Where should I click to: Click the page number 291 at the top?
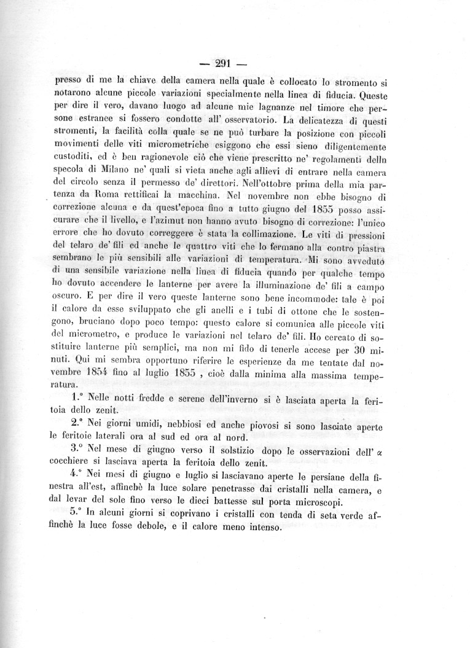tap(222, 62)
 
